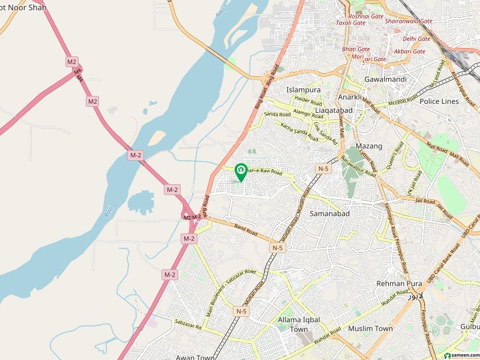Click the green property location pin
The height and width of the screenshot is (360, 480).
[x=241, y=172]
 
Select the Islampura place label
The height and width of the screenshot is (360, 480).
[x=303, y=90]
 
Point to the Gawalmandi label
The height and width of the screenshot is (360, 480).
[x=385, y=79]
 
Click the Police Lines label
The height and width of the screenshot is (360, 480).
[x=439, y=101]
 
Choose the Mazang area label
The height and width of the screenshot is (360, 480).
[x=369, y=146]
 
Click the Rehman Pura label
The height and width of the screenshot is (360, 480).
[x=396, y=283]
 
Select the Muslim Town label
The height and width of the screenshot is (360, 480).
[x=370, y=328]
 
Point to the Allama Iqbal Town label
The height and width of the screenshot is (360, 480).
[x=301, y=325]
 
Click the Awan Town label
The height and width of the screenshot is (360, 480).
[x=196, y=358]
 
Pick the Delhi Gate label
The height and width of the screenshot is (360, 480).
[x=416, y=38]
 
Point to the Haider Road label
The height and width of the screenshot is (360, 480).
[x=308, y=102]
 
